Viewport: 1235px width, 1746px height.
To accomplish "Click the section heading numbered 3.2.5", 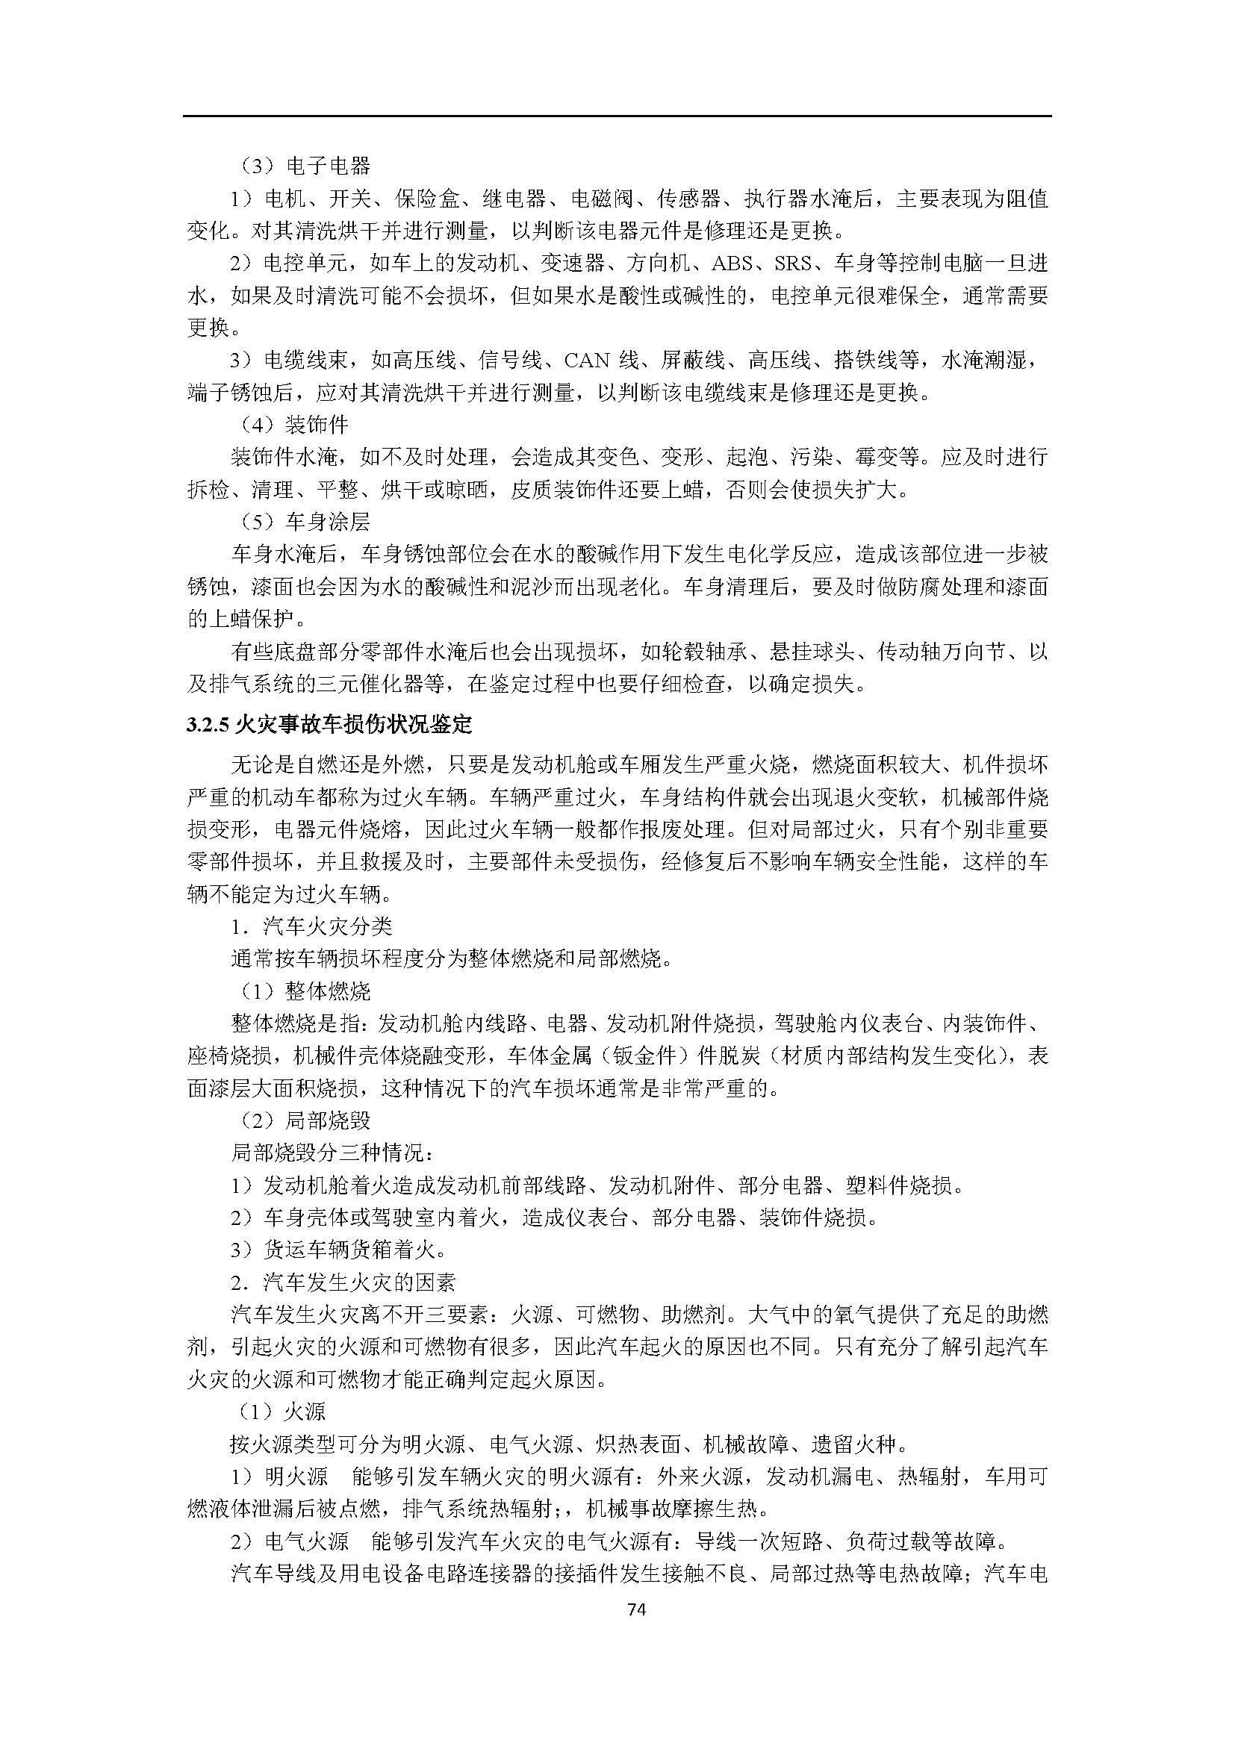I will [329, 725].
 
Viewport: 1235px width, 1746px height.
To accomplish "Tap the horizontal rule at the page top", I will [617, 116].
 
